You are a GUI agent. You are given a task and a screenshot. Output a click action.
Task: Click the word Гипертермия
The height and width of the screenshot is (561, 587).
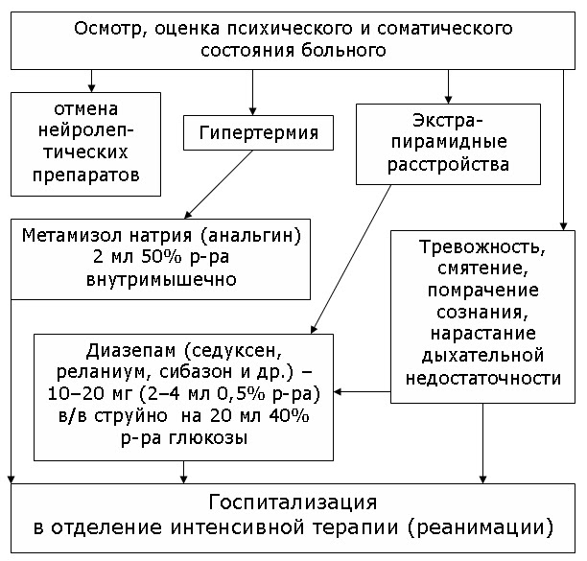coord(259,133)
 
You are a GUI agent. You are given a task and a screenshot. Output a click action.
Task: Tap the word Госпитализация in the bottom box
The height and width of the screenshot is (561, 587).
coord(293,503)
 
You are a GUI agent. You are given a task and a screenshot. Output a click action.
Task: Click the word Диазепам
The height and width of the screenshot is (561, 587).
coord(130,351)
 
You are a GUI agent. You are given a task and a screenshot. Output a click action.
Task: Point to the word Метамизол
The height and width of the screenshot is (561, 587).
coord(72,235)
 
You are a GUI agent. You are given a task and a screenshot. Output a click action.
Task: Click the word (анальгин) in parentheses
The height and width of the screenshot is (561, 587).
coord(251,236)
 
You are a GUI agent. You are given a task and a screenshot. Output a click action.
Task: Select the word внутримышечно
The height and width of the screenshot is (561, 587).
coord(161,280)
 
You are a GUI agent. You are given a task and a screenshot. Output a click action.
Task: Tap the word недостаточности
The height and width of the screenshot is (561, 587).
coord(483,378)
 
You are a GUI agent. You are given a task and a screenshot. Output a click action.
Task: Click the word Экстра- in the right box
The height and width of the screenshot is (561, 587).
coord(448,120)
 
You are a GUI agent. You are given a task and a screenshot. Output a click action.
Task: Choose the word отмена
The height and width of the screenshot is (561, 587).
coord(86,109)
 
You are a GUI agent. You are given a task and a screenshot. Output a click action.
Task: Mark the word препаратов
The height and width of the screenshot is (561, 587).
coord(86,175)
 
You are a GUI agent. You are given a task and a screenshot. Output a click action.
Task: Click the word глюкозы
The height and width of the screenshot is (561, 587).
coord(208,437)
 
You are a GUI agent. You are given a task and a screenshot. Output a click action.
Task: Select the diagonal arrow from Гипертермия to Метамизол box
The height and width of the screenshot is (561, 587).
coord(219,184)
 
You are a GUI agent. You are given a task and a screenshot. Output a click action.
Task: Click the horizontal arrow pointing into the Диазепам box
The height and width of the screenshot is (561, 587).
coord(362,392)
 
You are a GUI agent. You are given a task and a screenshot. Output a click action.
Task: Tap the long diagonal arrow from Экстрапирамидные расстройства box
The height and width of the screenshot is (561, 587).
coord(351,259)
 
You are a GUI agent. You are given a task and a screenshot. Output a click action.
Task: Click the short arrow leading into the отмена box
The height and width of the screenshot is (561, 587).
coord(91,81)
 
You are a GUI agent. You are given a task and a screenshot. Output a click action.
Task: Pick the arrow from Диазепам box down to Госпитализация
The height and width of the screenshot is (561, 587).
coord(183,472)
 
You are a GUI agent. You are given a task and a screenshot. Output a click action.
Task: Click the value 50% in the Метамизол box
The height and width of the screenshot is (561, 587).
coord(162,257)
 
